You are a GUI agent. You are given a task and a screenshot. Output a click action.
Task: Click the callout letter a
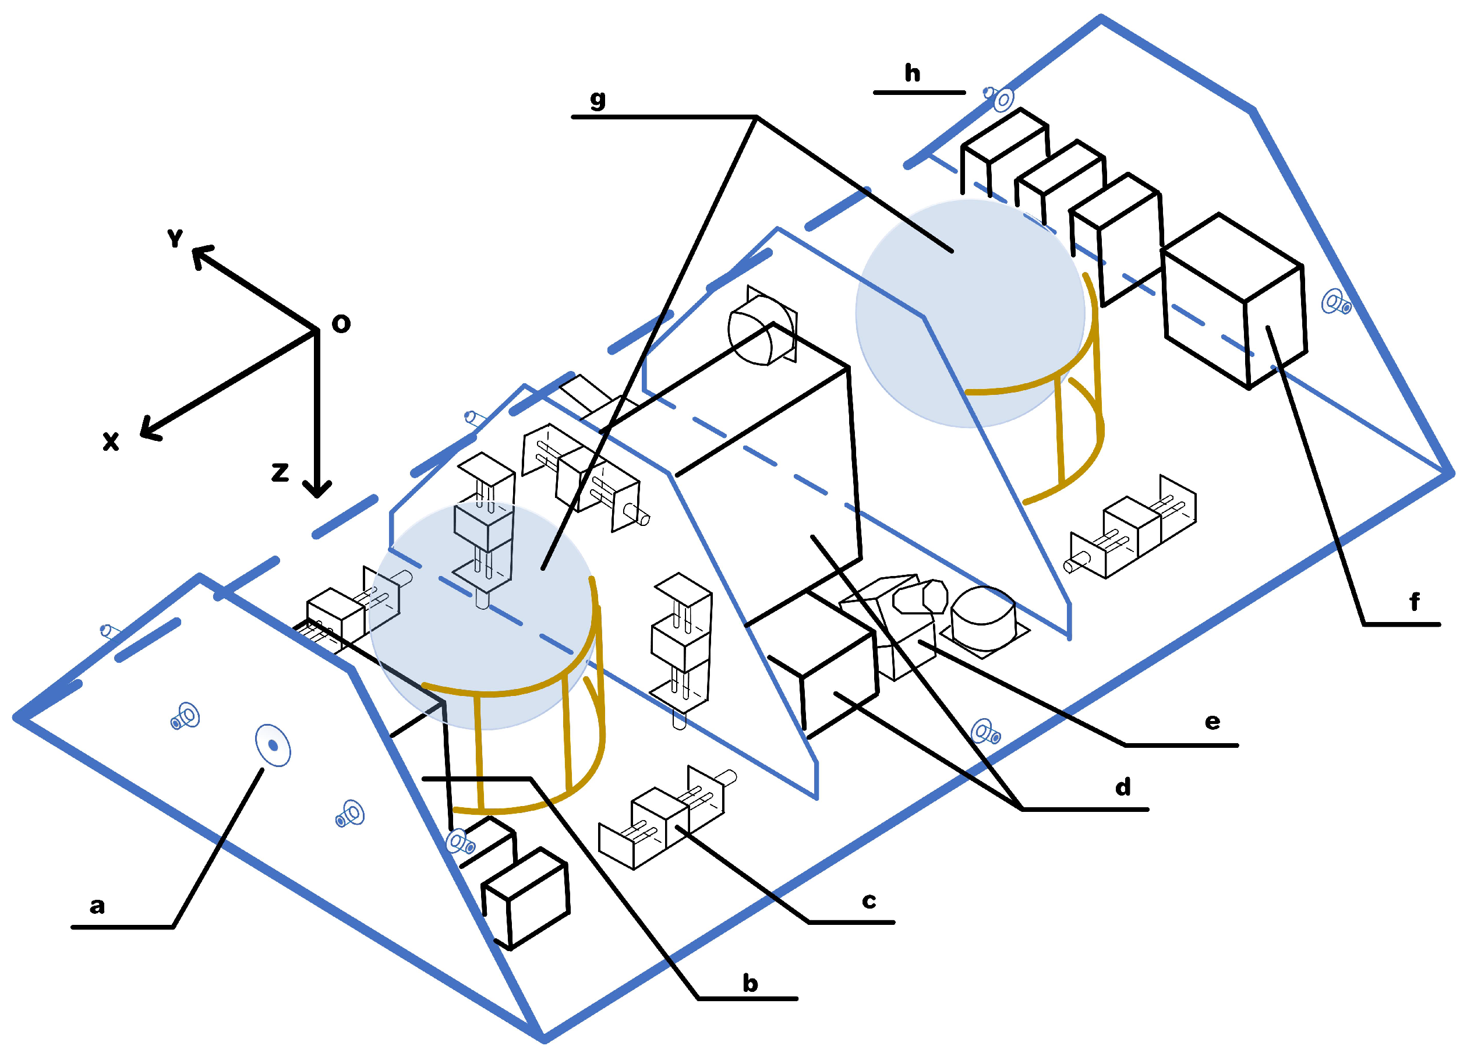click(97, 906)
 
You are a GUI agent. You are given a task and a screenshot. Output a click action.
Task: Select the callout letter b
click(750, 984)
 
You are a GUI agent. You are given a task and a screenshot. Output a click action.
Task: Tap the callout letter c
click(869, 901)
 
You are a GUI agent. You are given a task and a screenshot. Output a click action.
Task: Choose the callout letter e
click(1212, 721)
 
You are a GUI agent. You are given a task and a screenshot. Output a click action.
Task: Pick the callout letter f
click(1415, 602)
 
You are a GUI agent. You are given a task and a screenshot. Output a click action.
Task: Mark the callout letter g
click(598, 99)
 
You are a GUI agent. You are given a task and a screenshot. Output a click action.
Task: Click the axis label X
click(111, 441)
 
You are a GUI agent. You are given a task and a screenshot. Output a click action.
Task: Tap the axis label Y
click(175, 238)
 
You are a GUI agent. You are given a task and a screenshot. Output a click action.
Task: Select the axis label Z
click(280, 472)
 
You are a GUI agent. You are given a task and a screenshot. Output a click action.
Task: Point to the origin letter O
click(341, 323)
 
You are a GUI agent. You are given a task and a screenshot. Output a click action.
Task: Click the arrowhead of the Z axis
click(317, 490)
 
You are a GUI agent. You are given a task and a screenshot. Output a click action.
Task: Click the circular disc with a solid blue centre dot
click(273, 745)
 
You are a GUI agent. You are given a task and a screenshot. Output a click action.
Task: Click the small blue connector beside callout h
click(999, 99)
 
